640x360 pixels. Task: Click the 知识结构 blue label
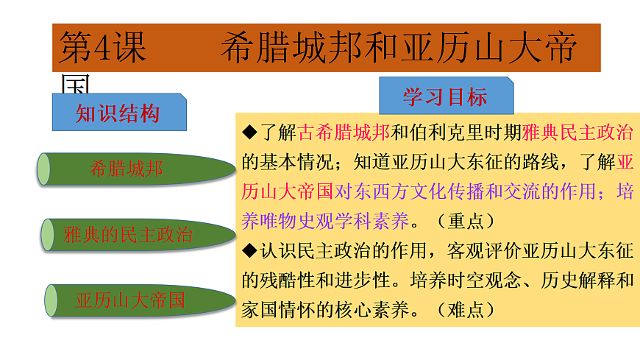click(x=118, y=113)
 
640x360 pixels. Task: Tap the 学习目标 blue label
click(x=445, y=96)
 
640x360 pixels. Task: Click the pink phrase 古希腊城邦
click(x=344, y=133)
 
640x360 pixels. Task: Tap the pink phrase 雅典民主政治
click(x=578, y=133)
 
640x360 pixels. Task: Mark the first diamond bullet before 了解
click(x=249, y=133)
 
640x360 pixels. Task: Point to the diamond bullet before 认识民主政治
click(x=249, y=250)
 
